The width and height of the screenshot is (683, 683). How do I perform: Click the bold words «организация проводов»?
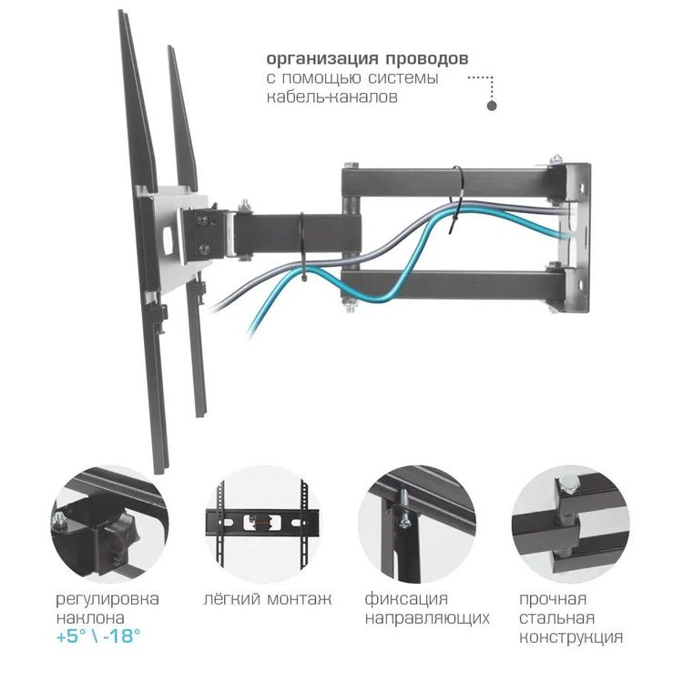(367, 58)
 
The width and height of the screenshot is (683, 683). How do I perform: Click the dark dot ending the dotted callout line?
(492, 106)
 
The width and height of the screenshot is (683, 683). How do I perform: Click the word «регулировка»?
(107, 599)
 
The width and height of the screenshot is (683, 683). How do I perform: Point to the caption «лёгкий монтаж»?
(267, 599)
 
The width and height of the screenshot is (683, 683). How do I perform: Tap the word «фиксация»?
(406, 599)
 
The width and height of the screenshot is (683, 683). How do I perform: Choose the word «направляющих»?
(427, 618)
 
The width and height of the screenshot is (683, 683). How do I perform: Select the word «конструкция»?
(571, 637)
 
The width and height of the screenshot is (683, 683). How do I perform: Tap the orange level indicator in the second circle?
(265, 523)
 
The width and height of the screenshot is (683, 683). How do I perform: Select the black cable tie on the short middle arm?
(302, 242)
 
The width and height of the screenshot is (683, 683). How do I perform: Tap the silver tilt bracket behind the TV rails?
(173, 232)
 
